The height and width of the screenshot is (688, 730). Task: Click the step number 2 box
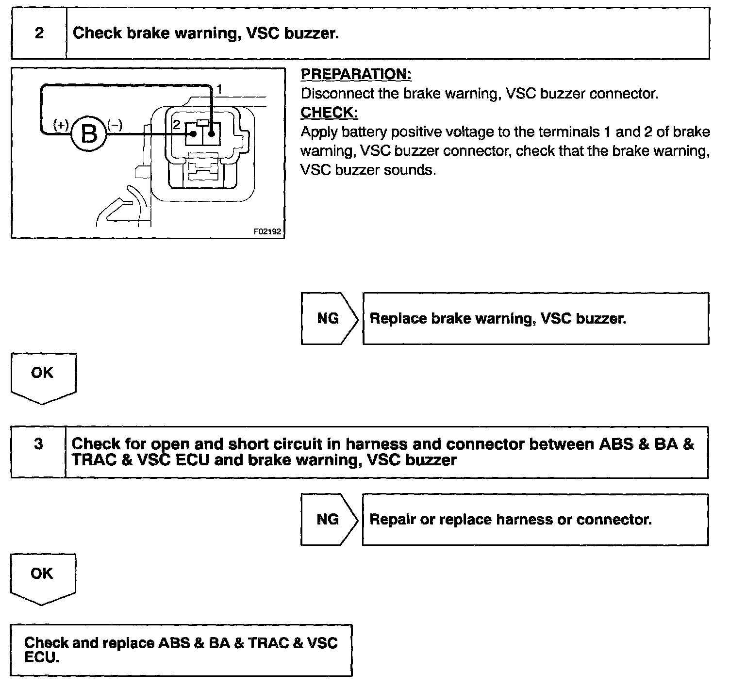pyautogui.click(x=39, y=33)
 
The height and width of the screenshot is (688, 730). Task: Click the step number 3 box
pyautogui.click(x=38, y=444)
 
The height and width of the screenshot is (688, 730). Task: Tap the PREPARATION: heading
pyautogui.click(x=356, y=74)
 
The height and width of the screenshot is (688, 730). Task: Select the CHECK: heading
pyautogui.click(x=329, y=113)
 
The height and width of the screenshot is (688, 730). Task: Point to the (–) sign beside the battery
pyautogui.click(x=115, y=125)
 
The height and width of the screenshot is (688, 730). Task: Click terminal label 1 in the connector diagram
pyautogui.click(x=219, y=89)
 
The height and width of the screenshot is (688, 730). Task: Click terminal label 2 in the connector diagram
pyautogui.click(x=176, y=125)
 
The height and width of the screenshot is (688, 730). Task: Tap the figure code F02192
pyautogui.click(x=267, y=231)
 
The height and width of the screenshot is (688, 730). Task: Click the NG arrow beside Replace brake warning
pyautogui.click(x=328, y=318)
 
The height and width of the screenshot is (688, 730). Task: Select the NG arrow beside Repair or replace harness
pyautogui.click(x=328, y=519)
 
